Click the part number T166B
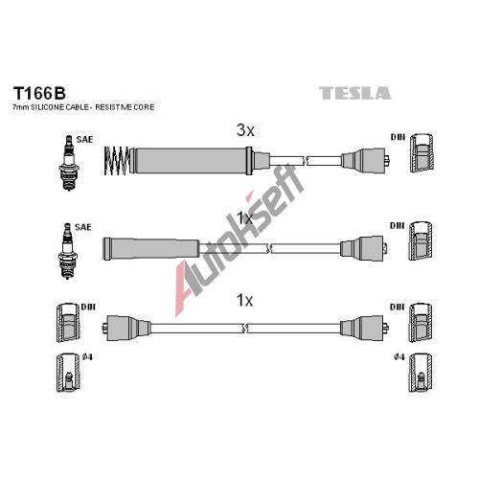pyautogui.click(x=39, y=93)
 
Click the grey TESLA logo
pyautogui.click(x=354, y=93)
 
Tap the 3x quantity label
pyautogui.click(x=245, y=130)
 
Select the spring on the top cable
pyautogui.click(x=117, y=161)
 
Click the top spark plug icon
pyautogui.click(x=69, y=163)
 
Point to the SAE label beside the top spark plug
pyautogui.click(x=84, y=140)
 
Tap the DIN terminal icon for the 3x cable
pyautogui.click(x=422, y=153)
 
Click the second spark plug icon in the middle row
pyautogui.click(x=68, y=251)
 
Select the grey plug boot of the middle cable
pyautogui.click(x=151, y=249)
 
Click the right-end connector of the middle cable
pyautogui.click(x=364, y=248)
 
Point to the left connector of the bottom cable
pyautogui.click(x=126, y=328)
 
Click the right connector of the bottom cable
pyautogui.click(x=364, y=328)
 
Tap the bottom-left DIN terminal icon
pyautogui.click(x=68, y=323)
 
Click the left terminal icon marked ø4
pyautogui.click(x=68, y=373)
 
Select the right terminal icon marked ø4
pyautogui.click(x=421, y=373)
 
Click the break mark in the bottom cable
pyautogui.click(x=245, y=328)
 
